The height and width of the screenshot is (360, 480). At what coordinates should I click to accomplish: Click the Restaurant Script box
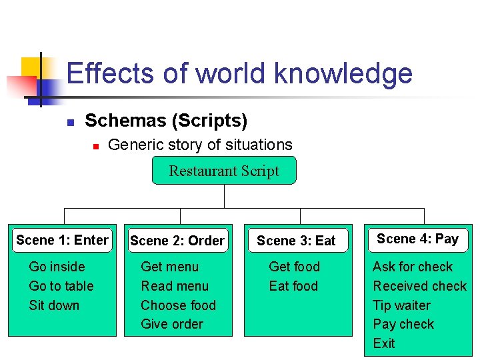pos(223,171)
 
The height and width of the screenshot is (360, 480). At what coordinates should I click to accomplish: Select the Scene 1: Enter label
pos(62,240)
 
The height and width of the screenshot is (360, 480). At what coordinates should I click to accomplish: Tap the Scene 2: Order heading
pos(177,241)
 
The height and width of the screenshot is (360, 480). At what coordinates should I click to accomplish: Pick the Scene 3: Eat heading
pos(296,241)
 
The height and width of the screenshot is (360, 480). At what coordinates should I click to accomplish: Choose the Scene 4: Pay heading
pos(417,239)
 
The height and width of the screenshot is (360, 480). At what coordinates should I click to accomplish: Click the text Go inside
pos(57,267)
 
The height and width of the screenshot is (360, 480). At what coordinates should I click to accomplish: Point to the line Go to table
pos(61,286)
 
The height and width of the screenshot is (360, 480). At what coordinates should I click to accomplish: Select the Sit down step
pos(54,305)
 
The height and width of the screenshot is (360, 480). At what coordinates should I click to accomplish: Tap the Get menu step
pos(169,267)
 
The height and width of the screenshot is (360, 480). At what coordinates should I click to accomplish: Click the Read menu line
pos(174,286)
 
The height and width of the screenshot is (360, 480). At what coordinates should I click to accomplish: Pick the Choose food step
pos(178,305)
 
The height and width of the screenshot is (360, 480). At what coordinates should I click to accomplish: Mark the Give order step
pos(172,324)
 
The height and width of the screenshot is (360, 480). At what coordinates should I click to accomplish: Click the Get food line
pos(294,267)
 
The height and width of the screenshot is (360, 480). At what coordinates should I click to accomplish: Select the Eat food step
pos(293,286)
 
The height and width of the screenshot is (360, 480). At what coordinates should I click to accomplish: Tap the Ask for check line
pos(412,267)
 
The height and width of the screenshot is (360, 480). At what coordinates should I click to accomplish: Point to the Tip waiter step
pos(401,305)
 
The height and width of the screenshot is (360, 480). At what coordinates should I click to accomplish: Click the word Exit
pos(384,343)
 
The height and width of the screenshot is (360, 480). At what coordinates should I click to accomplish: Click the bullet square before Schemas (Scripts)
pos(69,122)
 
